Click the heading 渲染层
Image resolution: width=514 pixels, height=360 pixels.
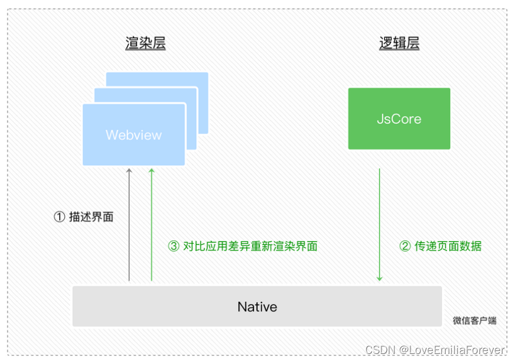point(145,43)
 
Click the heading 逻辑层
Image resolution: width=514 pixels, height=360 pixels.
point(399,43)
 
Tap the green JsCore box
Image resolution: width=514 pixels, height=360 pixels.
point(399,119)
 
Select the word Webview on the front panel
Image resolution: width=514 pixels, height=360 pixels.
point(134,135)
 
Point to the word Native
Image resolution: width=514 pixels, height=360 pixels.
point(257,307)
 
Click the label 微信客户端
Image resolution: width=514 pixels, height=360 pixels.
point(475,321)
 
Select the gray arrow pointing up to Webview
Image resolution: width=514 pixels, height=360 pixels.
point(129,224)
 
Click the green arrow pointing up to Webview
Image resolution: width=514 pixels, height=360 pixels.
point(151,224)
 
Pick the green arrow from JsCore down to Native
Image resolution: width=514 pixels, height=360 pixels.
point(379,224)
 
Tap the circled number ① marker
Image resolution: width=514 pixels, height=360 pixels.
point(59,217)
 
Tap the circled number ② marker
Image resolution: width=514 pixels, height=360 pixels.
point(405,246)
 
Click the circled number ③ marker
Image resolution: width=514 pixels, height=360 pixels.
point(174,246)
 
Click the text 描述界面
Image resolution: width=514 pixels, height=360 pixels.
point(91,217)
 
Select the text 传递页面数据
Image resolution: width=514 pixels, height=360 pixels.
point(448,246)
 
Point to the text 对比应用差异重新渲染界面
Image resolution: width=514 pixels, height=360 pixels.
point(250,246)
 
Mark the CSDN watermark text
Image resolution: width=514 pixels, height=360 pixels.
point(380,350)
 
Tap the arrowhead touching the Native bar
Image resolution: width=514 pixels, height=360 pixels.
point(379,278)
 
